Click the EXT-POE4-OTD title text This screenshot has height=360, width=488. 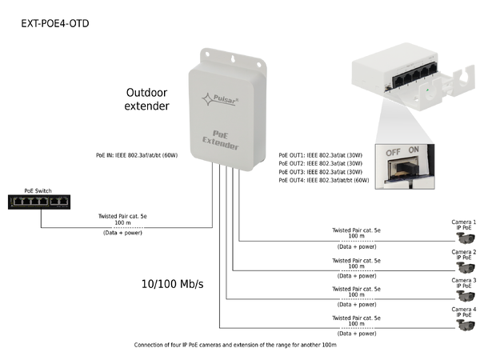55,23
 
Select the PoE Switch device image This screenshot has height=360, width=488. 38,202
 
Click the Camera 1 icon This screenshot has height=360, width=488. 463,239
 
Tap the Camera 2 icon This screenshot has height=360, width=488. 463,269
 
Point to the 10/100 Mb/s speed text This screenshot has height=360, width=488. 171,283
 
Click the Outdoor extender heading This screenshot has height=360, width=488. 147,98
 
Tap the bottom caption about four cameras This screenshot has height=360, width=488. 235,345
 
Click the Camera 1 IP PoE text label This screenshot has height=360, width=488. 463,225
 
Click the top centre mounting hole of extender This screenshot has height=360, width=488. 232,58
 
